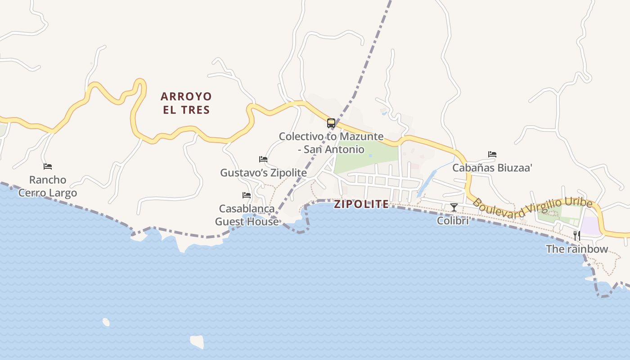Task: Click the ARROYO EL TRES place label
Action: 186,103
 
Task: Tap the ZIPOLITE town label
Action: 361,204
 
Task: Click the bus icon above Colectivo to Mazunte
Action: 331,123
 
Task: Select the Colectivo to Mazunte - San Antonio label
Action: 331,143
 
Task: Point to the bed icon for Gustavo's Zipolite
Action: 263,159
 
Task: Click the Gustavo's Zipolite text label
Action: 263,173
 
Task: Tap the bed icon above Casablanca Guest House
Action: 247,195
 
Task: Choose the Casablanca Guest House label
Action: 247,215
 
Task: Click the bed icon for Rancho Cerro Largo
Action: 48,166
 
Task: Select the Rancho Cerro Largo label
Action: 48,186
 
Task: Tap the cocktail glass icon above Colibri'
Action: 454,207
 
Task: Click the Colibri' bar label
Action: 454,221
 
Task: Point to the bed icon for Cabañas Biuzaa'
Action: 492,154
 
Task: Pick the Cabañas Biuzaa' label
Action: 492,168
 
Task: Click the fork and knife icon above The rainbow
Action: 576,235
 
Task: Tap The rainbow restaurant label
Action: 576,249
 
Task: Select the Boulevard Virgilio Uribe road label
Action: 532,208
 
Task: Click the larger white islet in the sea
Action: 197,342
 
